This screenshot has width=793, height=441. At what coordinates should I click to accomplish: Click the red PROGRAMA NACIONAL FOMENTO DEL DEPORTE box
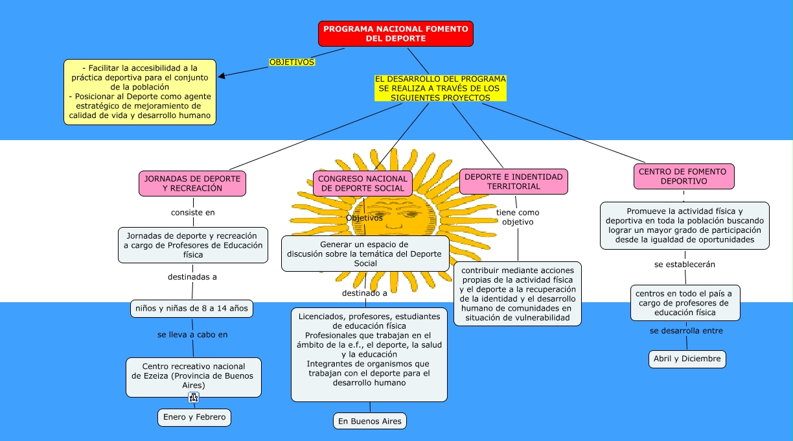coord(395,34)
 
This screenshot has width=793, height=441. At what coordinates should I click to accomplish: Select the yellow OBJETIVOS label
coord(292,62)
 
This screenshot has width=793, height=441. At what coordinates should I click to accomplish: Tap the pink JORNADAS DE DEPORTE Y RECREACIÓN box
coord(192,184)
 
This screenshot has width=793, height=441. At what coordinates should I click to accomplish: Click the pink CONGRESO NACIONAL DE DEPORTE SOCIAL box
coord(363,184)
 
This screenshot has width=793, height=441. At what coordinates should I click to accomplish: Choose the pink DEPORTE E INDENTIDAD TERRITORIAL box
coord(513,182)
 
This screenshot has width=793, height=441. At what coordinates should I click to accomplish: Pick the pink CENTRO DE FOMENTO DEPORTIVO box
coord(684,176)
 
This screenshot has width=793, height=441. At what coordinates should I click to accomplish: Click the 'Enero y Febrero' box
coord(194,418)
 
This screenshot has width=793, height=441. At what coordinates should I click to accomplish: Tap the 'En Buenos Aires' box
coord(370,422)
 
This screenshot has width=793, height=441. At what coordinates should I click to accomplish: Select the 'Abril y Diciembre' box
coord(687,359)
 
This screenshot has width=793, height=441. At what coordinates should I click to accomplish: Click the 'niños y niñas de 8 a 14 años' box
coord(192,309)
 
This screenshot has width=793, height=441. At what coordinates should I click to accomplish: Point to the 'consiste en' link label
coord(193,212)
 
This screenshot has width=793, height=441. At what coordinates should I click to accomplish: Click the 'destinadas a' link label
coord(192,277)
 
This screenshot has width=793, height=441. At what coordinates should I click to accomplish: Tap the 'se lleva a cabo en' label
coord(192,335)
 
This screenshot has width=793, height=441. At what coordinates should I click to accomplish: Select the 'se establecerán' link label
coord(685,265)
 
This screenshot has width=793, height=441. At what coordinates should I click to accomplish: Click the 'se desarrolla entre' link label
coord(686,331)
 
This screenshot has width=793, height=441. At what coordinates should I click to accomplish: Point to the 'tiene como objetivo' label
coord(518,217)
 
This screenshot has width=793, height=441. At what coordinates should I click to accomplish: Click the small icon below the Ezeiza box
coord(194,398)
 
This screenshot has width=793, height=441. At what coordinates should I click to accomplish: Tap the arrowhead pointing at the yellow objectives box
coord(222,76)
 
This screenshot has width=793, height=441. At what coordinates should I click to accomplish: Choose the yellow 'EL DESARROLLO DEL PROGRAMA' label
coord(441,88)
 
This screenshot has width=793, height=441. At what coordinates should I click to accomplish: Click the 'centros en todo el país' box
coord(685,303)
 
